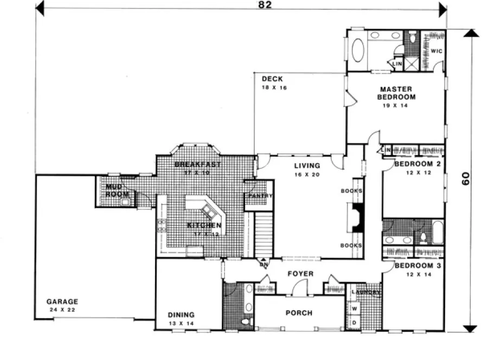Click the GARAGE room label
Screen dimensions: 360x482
[x=62, y=301]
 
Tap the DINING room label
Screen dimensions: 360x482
[x=181, y=314]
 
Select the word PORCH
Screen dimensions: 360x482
[x=299, y=313]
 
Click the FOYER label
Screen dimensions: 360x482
[x=300, y=274]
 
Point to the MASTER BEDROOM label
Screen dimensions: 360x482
[x=396, y=93]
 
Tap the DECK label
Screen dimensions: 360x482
[x=272, y=79]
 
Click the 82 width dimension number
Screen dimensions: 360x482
[x=265, y=5]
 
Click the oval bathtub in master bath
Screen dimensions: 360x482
[x=359, y=52]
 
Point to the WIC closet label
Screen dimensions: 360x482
[x=436, y=51]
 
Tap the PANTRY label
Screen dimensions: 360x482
[x=260, y=196]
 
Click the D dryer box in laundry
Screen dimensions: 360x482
[x=356, y=323]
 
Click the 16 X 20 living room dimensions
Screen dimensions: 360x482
[x=306, y=175]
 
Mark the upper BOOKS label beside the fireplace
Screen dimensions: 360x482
[x=351, y=191]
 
